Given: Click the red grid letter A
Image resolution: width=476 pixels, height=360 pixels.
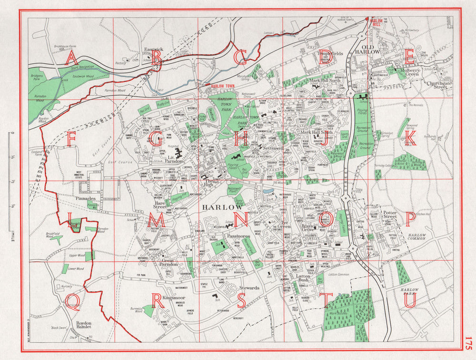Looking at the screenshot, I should coord(71,58).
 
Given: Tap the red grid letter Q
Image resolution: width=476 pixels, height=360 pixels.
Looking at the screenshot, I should coord(73,300).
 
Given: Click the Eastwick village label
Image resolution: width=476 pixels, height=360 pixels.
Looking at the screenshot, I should coord(154,49).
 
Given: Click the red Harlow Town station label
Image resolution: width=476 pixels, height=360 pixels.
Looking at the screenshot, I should coord(223,87).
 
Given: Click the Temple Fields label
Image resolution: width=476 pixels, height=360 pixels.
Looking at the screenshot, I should coord(330,54).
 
